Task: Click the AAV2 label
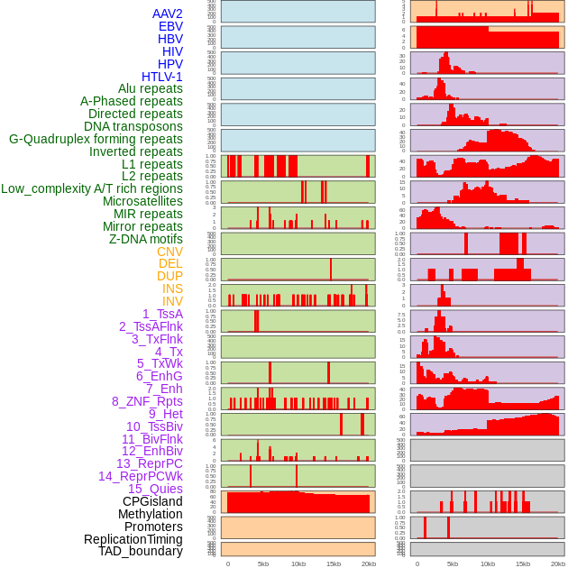[168, 14]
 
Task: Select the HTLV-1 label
[162, 77]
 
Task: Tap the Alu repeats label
[151, 89]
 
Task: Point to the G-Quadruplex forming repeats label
[96, 139]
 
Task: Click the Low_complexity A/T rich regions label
[92, 188]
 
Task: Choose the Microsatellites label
[142, 201]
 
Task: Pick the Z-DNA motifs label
[146, 239]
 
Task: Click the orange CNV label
[169, 252]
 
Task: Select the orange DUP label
[169, 276]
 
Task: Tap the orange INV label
[172, 301]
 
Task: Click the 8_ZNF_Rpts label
[147, 401]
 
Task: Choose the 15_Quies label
[155, 489]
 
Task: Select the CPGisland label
[152, 501]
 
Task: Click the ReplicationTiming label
[133, 539]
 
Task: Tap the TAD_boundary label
[141, 551]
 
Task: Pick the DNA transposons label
[133, 126]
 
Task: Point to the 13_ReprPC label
[149, 463]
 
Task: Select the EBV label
[170, 26]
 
